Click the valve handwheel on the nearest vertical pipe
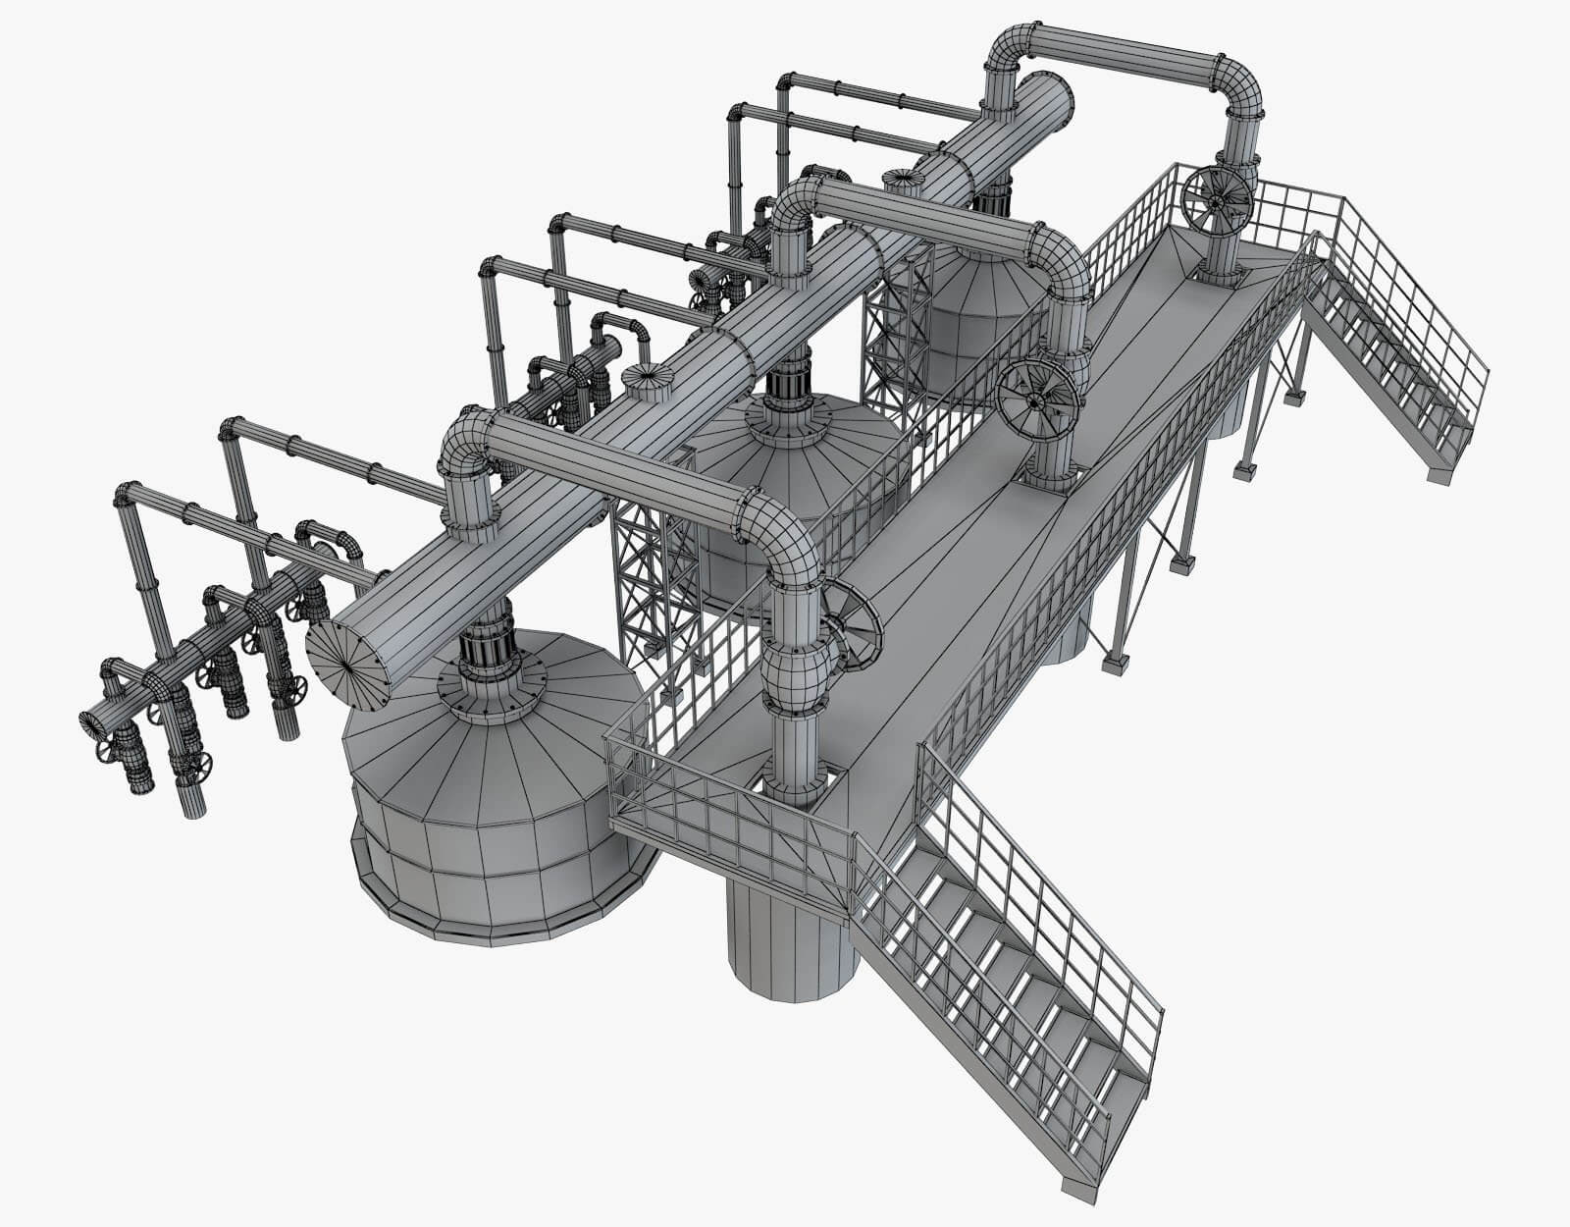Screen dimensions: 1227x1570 pos(850,622)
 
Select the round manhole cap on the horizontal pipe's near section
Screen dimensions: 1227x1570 pos(645,377)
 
